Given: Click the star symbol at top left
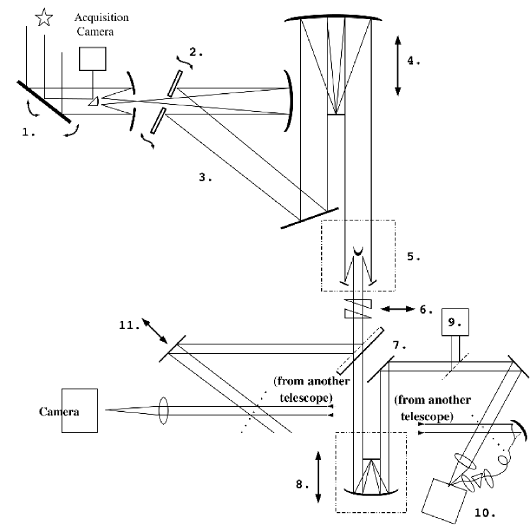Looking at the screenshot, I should [43, 17].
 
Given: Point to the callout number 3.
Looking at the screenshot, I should [206, 178].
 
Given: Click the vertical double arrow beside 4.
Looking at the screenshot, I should [398, 65].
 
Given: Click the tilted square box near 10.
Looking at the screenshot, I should [443, 497].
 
